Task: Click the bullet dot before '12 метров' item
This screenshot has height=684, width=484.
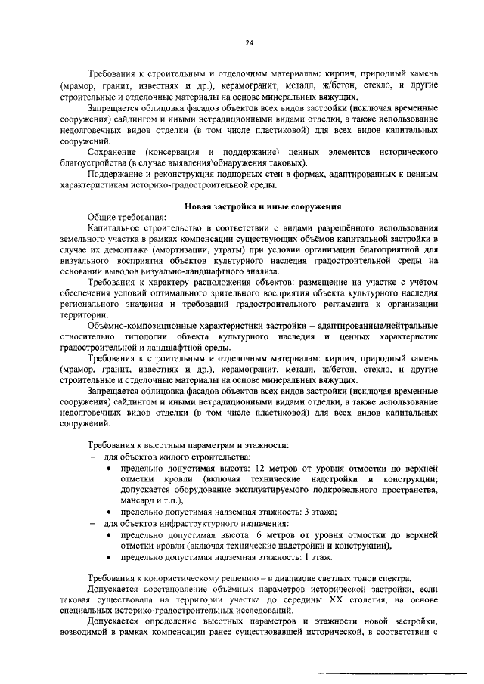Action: coord(111,469)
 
